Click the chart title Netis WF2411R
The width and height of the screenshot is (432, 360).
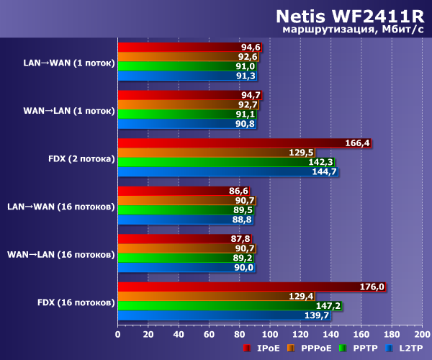click(348, 17)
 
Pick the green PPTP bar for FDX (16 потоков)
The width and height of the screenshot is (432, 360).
click(229, 305)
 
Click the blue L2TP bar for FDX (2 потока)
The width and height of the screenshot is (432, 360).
click(227, 171)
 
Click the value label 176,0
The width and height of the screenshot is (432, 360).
click(372, 287)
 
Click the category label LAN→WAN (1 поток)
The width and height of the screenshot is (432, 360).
click(69, 63)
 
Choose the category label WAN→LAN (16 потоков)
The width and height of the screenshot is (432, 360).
click(61, 254)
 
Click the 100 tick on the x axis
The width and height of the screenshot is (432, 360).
click(269, 334)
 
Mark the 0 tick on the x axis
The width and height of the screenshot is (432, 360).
click(117, 334)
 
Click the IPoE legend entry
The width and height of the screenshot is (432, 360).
click(262, 348)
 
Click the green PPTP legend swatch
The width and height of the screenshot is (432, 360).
click(344, 348)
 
